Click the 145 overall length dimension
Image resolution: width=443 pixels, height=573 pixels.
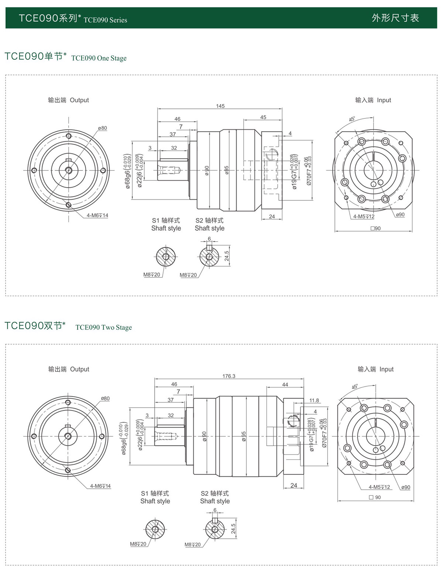(220, 106)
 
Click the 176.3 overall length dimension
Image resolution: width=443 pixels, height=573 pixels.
(229, 376)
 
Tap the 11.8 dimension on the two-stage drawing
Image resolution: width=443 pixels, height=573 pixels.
(314, 400)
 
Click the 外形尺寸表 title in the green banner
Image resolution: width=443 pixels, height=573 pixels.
(395, 18)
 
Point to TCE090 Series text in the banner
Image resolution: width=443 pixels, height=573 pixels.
(105, 20)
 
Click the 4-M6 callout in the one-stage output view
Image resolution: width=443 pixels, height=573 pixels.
(97, 215)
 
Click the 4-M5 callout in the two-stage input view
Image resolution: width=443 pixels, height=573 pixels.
(379, 487)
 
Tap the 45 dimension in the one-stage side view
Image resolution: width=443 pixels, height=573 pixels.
(263, 117)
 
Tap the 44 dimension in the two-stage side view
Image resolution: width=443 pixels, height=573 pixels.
(285, 384)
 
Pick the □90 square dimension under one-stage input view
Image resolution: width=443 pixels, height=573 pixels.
(375, 228)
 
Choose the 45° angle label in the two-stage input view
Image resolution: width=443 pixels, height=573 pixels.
(355, 387)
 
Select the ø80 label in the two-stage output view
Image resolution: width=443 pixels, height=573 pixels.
(105, 398)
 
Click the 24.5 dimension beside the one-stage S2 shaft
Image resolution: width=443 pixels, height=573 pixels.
(227, 256)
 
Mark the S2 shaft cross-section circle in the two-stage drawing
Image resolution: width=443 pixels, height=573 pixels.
(215, 529)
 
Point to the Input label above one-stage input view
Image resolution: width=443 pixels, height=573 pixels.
(384, 100)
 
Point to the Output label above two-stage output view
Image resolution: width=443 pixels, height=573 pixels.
(79, 369)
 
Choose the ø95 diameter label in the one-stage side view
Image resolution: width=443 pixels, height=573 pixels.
(227, 170)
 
